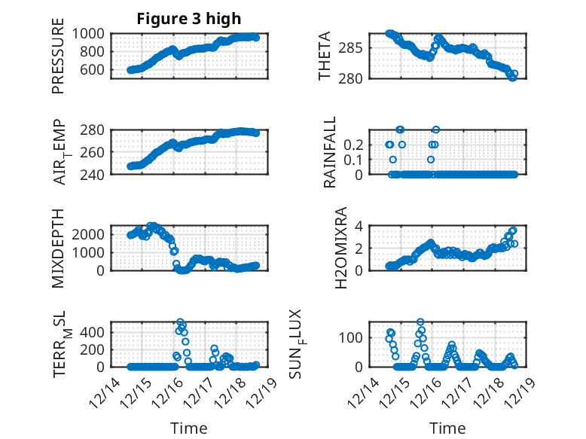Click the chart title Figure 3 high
(188, 20)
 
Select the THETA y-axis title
(325, 55)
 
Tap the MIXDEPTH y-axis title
(58, 248)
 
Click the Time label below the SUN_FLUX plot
(447, 428)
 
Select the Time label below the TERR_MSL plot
(188, 428)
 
